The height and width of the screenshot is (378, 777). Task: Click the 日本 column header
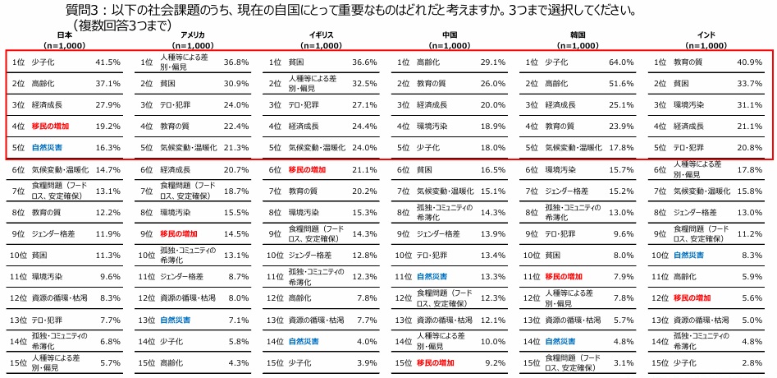click(64, 35)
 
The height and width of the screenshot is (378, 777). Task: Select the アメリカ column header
click(192, 35)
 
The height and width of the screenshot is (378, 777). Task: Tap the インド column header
click(706, 35)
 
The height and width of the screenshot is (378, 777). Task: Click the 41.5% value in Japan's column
click(108, 62)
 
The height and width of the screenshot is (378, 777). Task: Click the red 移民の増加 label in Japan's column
click(51, 127)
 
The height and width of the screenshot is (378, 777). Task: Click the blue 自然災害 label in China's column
click(432, 277)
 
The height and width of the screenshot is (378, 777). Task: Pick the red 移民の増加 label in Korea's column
click(564, 277)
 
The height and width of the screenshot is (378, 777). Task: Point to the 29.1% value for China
click(492, 62)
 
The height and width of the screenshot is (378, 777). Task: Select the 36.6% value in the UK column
click(363, 62)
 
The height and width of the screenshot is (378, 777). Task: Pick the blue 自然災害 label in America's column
click(176, 320)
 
